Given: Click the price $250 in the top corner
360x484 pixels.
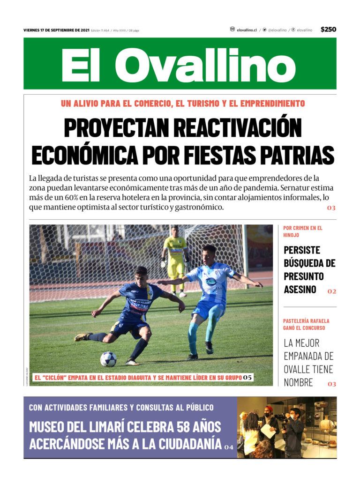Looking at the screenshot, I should (328, 30).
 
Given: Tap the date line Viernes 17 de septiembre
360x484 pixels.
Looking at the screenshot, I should (56, 30).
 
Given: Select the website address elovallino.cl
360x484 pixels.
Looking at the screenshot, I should (247, 30).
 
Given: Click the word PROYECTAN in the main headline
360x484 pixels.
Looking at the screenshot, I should (117, 127).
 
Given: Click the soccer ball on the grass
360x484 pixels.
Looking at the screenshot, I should (108, 359).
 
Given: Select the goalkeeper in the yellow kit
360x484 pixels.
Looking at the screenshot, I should (175, 255).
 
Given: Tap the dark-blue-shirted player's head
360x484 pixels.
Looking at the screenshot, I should (141, 274).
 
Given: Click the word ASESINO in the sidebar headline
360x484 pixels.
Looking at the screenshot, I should (300, 290).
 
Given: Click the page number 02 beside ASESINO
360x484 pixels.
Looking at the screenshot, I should (332, 291).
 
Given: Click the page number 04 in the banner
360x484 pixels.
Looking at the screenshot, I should (229, 447).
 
